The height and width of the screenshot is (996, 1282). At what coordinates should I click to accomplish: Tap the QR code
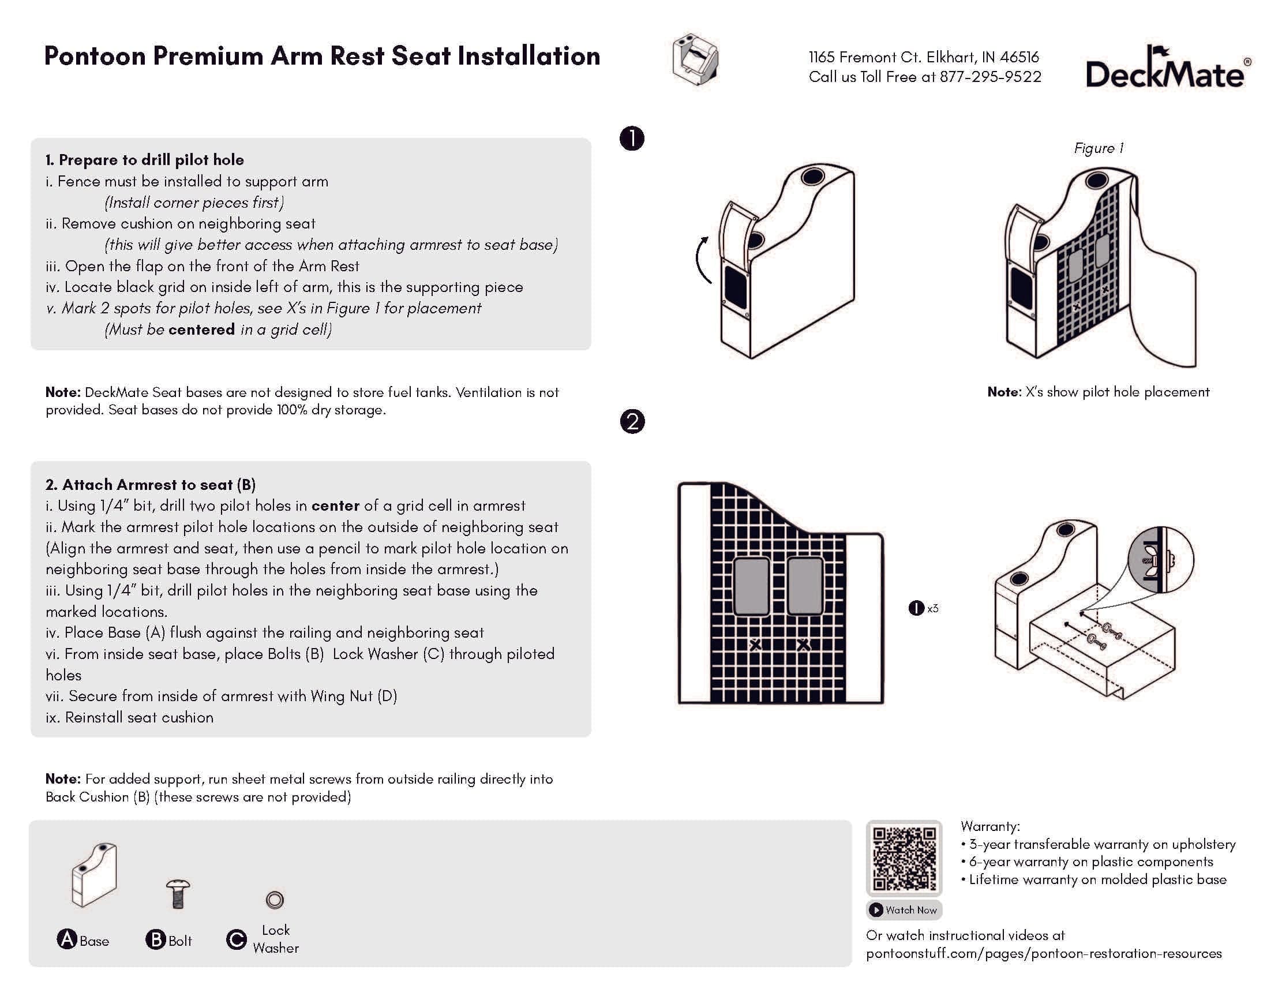[x=904, y=859]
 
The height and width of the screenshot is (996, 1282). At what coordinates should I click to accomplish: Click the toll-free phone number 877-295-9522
[x=990, y=77]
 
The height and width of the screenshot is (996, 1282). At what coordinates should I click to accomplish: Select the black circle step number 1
[x=632, y=138]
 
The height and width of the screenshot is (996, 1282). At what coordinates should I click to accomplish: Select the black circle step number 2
[x=632, y=422]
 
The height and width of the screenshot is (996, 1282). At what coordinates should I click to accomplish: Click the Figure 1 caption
[x=1099, y=148]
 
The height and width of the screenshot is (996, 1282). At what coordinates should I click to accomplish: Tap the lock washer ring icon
[x=275, y=899]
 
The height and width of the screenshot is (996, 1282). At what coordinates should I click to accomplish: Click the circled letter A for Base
[x=67, y=939]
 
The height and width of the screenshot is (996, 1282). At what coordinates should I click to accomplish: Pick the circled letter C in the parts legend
[x=236, y=939]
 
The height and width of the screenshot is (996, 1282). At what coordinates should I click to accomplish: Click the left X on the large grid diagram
[x=755, y=645]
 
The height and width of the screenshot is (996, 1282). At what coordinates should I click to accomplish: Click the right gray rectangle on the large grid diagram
[x=805, y=586]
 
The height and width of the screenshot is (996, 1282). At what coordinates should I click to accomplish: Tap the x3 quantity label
[x=932, y=608]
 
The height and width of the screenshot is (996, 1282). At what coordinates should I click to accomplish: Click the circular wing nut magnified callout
[x=1160, y=560]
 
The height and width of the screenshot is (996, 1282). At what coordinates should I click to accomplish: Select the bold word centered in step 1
[x=201, y=329]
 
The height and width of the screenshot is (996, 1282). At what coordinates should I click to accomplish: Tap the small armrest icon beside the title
[x=696, y=59]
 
